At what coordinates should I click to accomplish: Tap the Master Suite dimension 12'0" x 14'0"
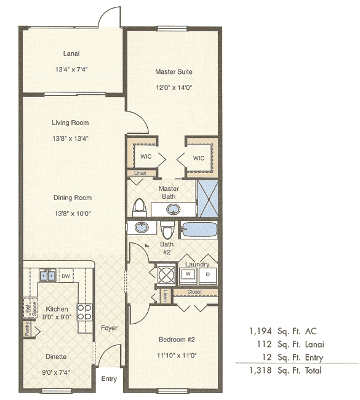coord(174,87)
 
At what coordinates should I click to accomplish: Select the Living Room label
coord(70,122)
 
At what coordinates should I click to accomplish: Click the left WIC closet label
coord(145,158)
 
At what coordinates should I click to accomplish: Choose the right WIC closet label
coord(198,158)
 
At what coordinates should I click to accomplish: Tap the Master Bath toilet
coord(139,206)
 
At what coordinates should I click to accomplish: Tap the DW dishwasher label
coord(65,276)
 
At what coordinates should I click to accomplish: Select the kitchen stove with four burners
coord(84,312)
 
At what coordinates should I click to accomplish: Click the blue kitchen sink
coord(47,276)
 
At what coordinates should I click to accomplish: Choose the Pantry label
coord(27,329)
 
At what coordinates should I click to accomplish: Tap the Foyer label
coord(109,328)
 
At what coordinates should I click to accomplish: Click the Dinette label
coord(55,356)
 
